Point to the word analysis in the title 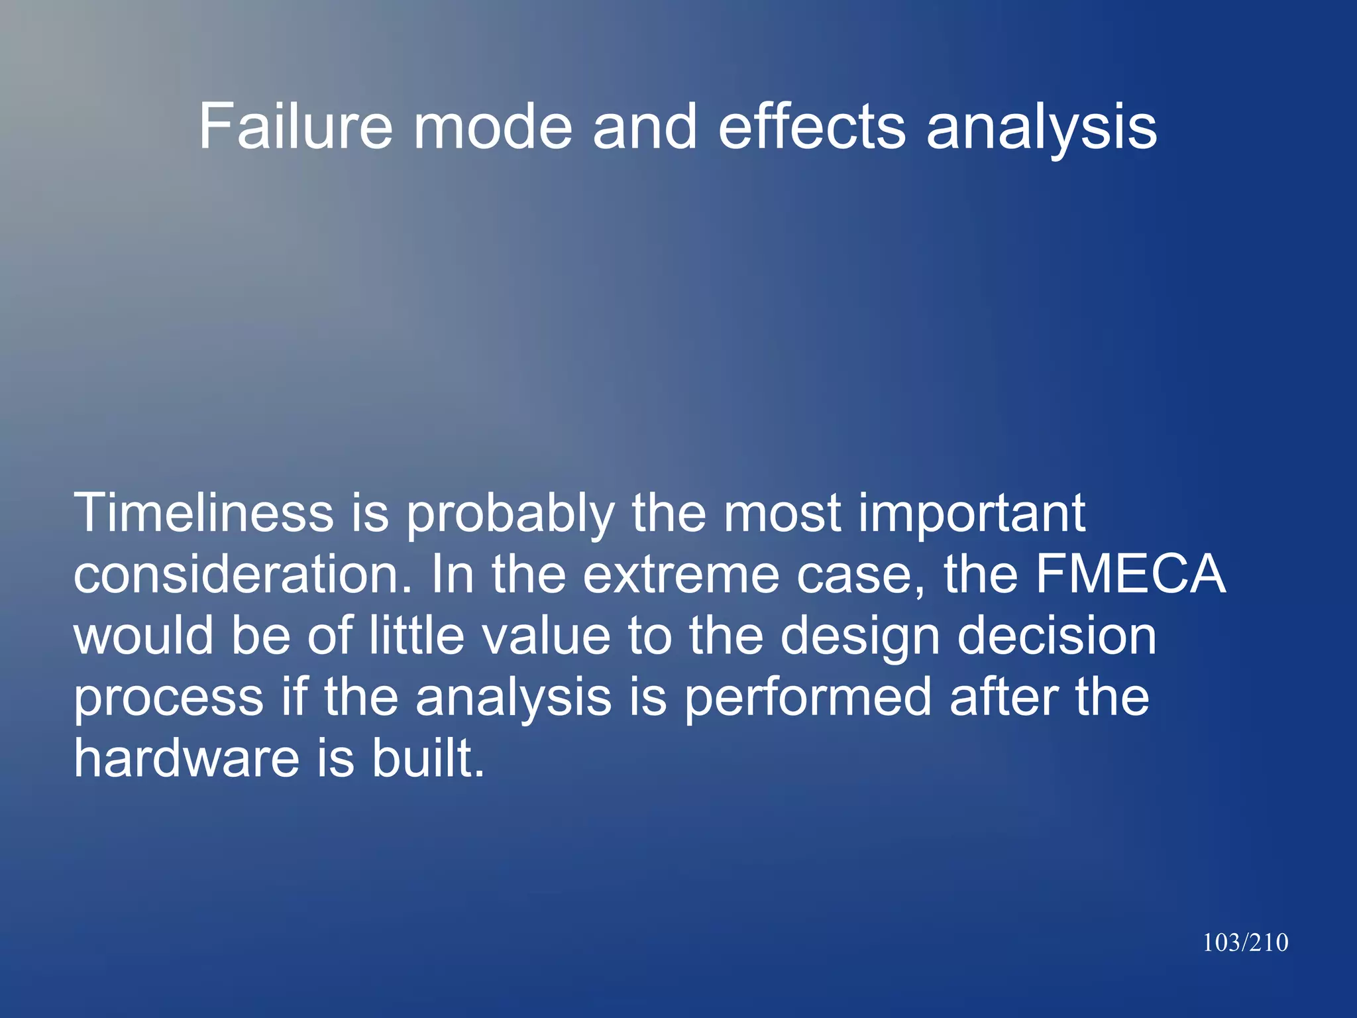click(x=1041, y=127)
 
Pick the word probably click(x=510, y=514)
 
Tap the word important click(x=971, y=514)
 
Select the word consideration click(x=243, y=574)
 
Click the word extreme click(x=680, y=574)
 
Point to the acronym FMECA click(x=1130, y=574)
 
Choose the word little click(x=416, y=636)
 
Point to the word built click(x=428, y=758)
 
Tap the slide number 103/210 click(x=1245, y=942)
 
